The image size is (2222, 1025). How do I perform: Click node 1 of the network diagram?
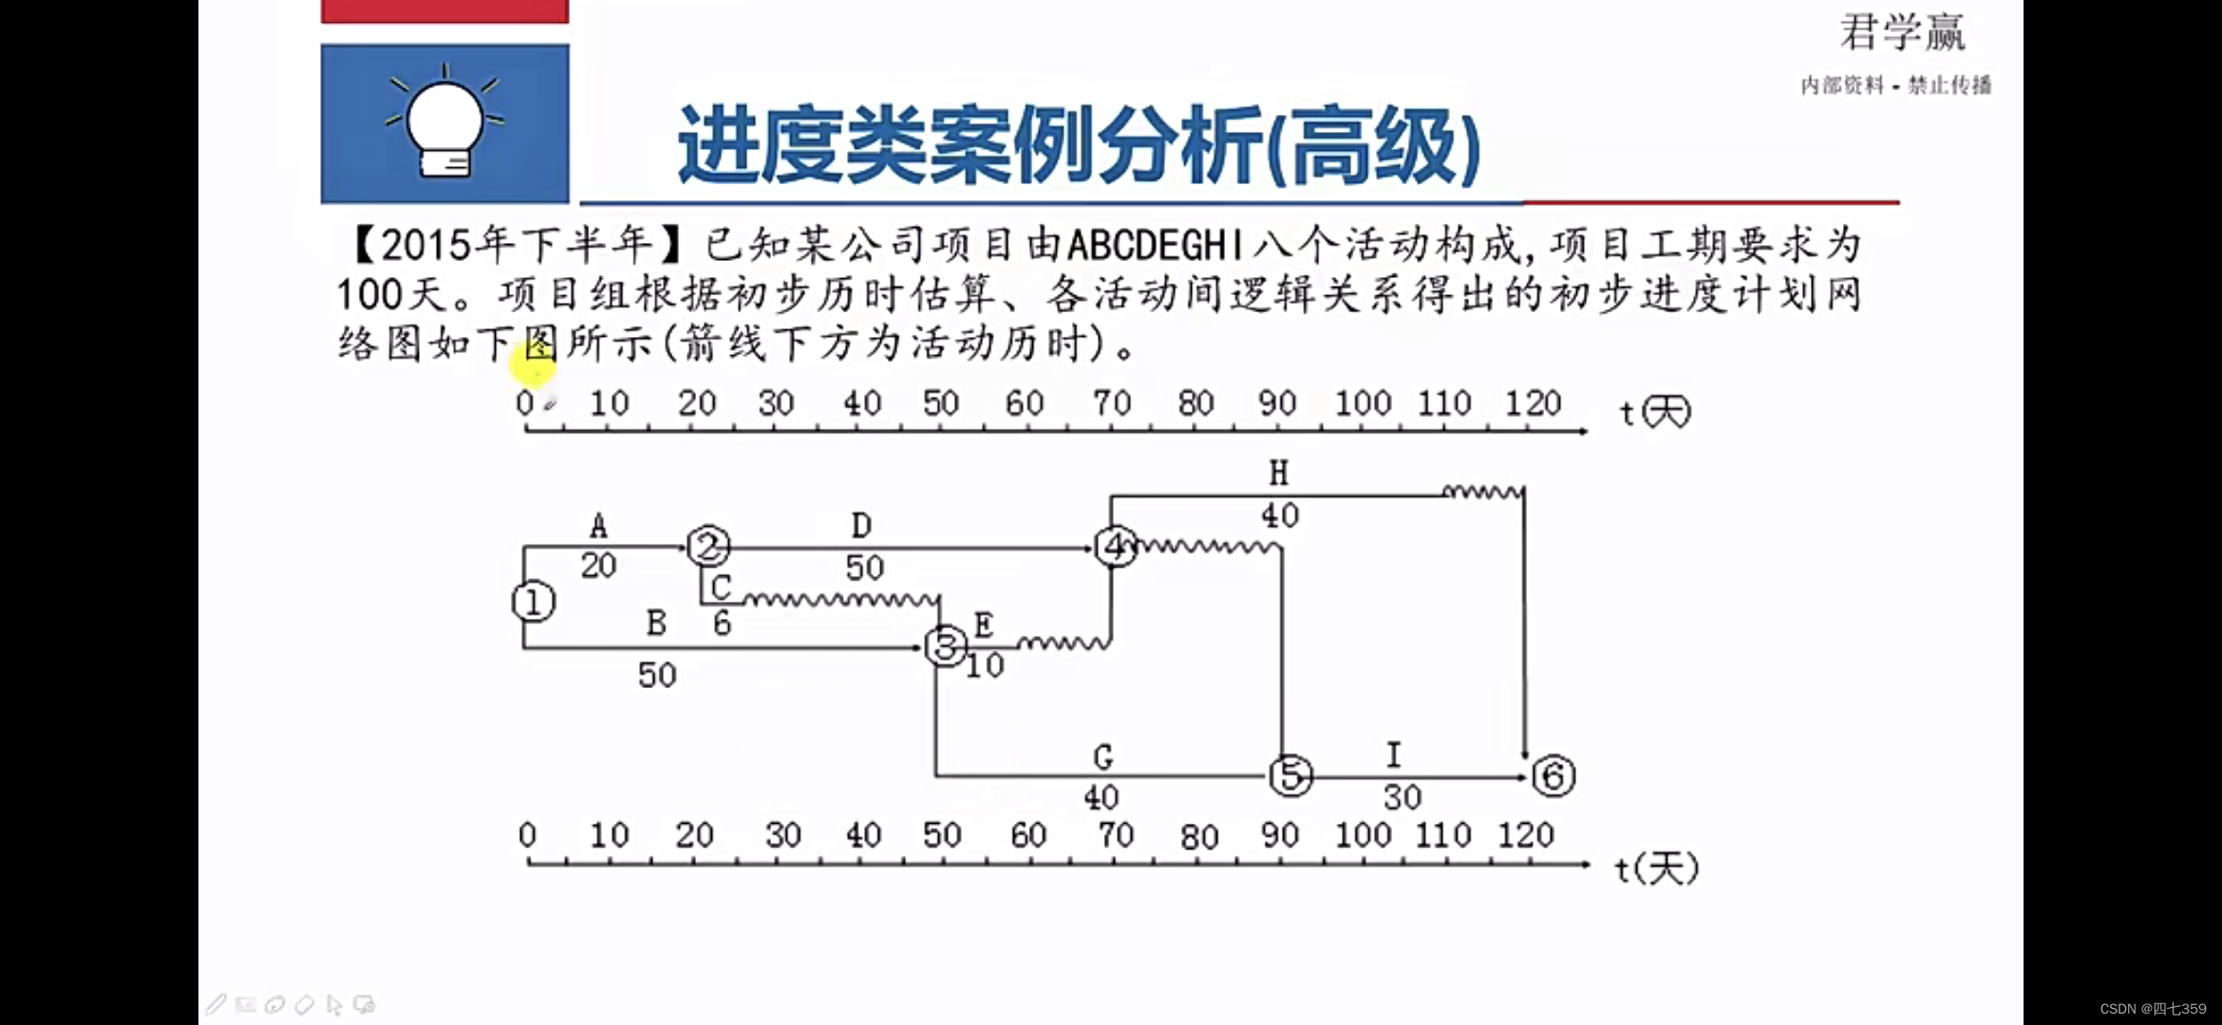click(533, 602)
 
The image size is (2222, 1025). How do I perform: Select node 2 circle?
click(708, 547)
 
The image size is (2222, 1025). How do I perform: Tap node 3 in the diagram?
click(946, 646)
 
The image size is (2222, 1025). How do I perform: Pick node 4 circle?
click(1115, 546)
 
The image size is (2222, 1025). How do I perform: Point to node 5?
click(1290, 775)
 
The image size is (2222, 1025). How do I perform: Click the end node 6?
click(1554, 775)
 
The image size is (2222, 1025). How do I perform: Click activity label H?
click(1279, 473)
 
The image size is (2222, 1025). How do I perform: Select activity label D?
click(861, 525)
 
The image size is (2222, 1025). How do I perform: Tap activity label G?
click(1102, 756)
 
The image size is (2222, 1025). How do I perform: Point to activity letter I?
click(1393, 755)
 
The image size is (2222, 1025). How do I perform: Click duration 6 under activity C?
click(723, 624)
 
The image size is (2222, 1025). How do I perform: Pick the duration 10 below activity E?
click(985, 666)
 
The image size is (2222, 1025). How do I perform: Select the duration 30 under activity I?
click(1403, 797)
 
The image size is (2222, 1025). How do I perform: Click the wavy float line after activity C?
click(840, 599)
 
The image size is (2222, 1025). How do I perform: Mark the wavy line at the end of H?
click(1482, 492)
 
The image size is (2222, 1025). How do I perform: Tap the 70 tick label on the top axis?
click(1112, 403)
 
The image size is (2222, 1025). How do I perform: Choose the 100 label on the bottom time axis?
click(1363, 835)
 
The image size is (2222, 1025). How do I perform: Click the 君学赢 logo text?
click(1902, 33)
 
